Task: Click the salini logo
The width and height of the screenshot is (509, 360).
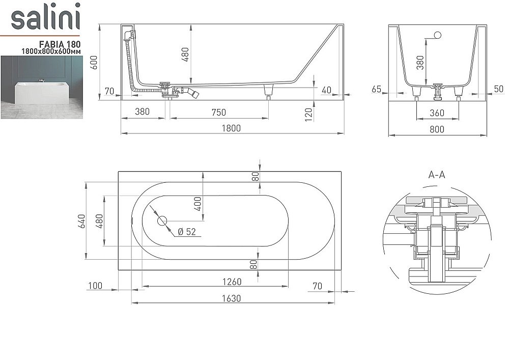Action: [x=46, y=18]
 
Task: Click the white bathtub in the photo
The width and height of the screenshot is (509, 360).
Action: [x=42, y=92]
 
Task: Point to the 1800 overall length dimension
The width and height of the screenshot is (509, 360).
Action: [x=231, y=128]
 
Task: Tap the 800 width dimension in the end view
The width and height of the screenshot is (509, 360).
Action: [x=437, y=129]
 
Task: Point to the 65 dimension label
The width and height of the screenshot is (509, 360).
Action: [x=377, y=89]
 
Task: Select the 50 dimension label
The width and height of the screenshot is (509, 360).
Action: [x=498, y=89]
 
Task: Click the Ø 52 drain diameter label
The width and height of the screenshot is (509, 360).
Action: [x=186, y=232]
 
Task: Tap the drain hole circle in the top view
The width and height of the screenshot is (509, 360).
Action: [x=162, y=221]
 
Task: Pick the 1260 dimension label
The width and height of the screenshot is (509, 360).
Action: [x=231, y=281]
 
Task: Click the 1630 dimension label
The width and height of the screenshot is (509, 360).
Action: [x=231, y=298]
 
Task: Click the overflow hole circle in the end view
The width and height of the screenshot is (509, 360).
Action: [x=437, y=36]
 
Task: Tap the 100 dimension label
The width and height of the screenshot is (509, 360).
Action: [x=95, y=286]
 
